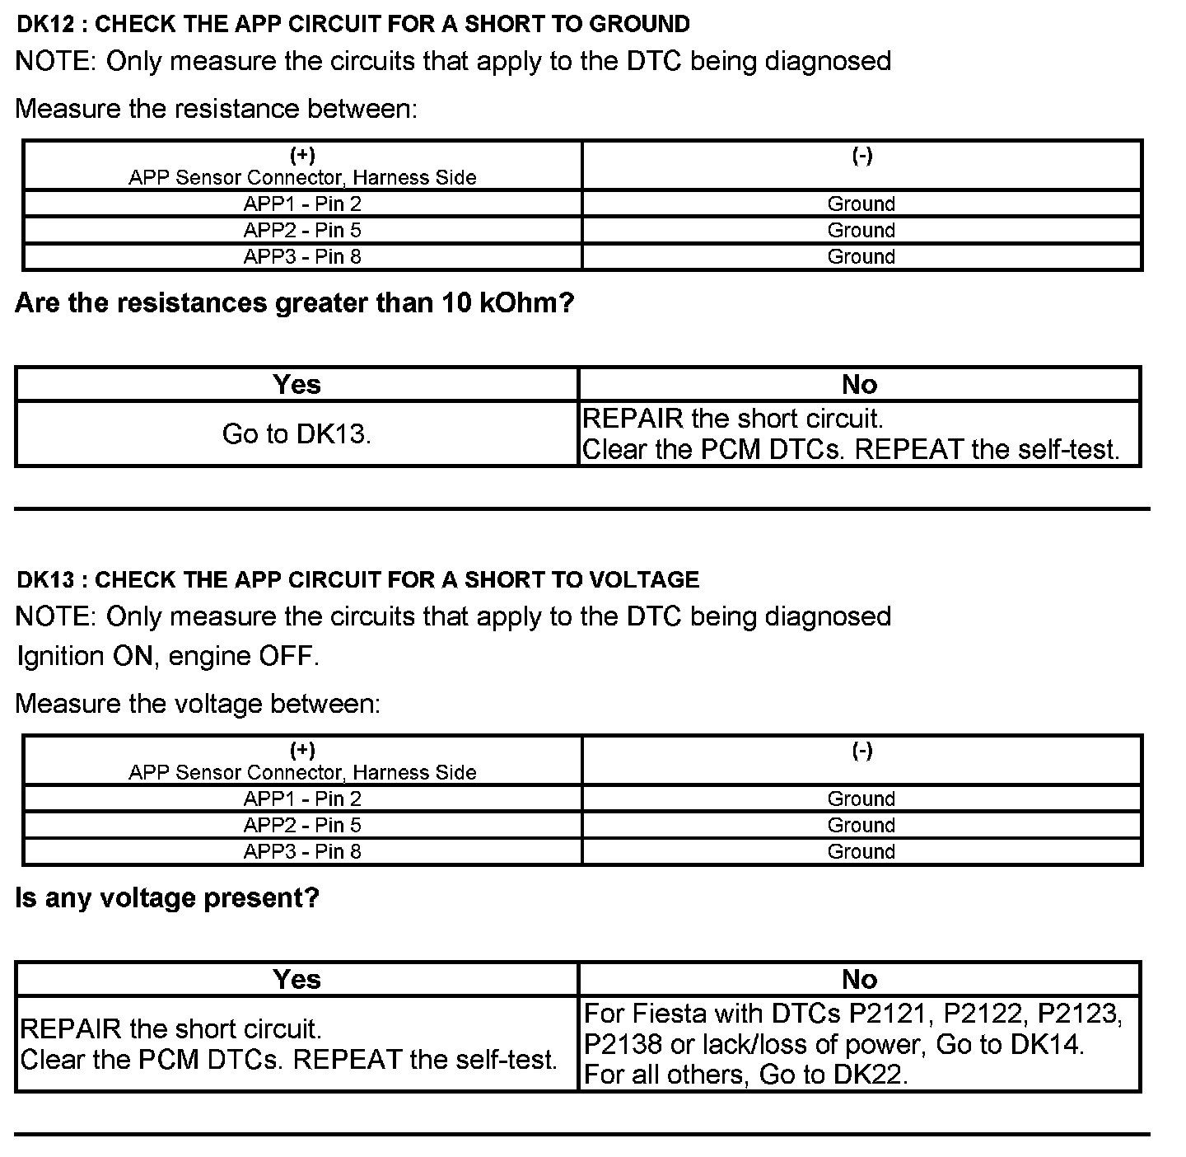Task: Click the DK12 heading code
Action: point(46,24)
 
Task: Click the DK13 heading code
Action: point(46,579)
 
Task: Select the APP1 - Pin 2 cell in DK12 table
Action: point(302,204)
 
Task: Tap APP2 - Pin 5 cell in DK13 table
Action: point(302,825)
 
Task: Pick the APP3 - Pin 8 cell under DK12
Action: point(302,256)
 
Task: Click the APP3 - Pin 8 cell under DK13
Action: point(302,851)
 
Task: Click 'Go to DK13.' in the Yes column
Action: point(296,433)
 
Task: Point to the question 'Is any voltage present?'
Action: point(167,897)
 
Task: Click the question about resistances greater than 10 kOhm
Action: point(294,303)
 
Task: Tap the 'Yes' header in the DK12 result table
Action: point(296,384)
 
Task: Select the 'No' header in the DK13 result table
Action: point(859,979)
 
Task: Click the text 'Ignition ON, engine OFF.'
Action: point(168,656)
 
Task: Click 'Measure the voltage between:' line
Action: point(198,704)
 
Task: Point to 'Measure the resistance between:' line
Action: point(217,109)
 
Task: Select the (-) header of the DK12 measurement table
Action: point(861,156)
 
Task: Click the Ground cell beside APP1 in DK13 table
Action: point(861,799)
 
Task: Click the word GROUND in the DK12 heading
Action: point(639,24)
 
